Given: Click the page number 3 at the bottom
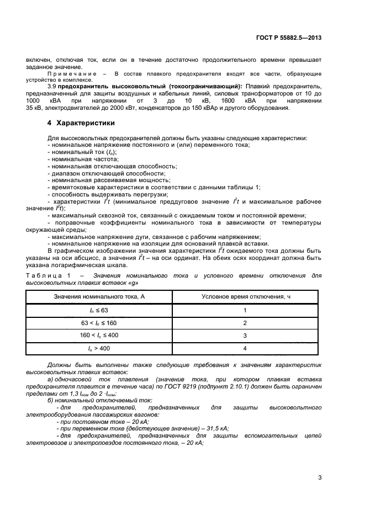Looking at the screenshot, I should (320, 478).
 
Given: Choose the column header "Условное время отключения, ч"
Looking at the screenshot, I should (244, 297).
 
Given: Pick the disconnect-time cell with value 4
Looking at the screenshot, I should (244, 348).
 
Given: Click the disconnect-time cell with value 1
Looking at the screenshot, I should (244, 310).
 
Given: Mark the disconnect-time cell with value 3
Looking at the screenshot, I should (244, 336).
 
